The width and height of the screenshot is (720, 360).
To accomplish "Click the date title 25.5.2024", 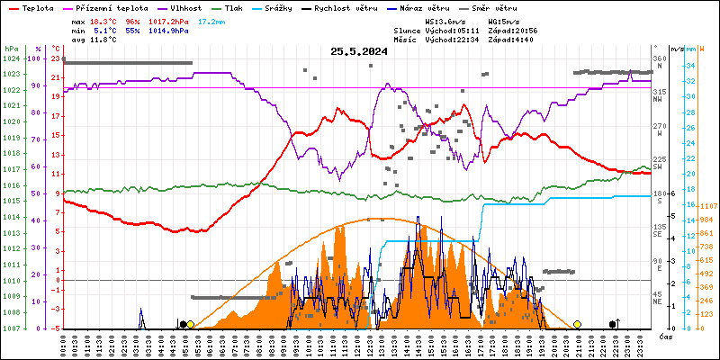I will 358,51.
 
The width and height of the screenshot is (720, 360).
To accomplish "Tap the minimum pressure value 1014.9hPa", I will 167,30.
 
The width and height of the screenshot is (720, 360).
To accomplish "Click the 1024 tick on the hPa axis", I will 11,58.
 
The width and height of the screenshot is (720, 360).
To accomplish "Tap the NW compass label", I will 659,101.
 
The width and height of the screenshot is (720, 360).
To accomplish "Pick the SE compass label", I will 659,235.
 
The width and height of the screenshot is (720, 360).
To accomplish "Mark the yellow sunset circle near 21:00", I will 577,324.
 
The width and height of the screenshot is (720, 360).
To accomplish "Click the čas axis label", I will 666,336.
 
